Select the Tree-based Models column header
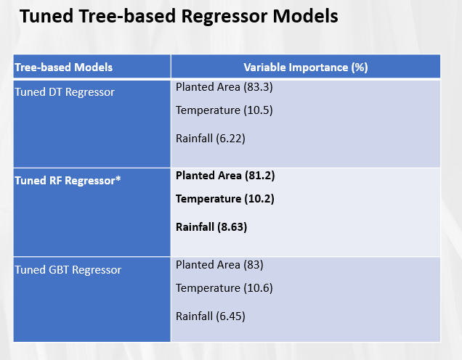pos(64,67)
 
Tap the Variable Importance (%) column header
pos(305,67)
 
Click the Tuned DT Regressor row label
pos(65,92)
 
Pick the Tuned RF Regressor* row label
pos(68,181)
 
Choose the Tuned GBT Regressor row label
pos(68,269)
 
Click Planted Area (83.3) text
pos(219,86)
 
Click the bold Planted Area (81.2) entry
pos(225,175)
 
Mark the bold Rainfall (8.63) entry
pos(211,226)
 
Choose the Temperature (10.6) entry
pos(224,287)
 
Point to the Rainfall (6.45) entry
pos(209,316)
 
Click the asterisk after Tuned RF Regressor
pos(118,179)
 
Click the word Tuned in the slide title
pos(44,17)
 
